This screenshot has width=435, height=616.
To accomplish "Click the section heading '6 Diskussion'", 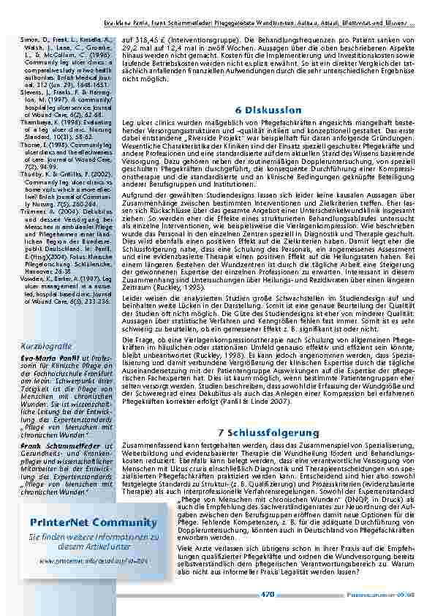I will (x=268, y=110).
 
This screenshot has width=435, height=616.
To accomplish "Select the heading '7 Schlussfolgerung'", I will (x=268, y=432).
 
